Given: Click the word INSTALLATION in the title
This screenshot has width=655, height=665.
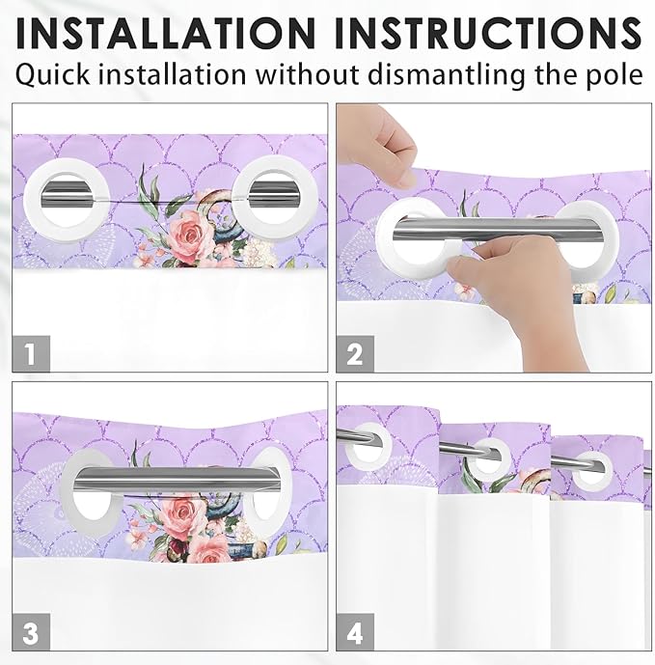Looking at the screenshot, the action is click(166, 33).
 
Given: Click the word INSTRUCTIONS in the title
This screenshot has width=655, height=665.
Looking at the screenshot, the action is click(487, 33).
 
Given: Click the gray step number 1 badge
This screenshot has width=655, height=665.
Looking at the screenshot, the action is click(31, 353).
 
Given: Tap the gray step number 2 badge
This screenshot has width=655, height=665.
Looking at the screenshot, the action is click(355, 353).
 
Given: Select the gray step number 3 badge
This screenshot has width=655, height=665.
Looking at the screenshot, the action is click(31, 632).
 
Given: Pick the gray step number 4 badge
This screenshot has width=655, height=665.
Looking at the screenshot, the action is click(355, 632).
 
